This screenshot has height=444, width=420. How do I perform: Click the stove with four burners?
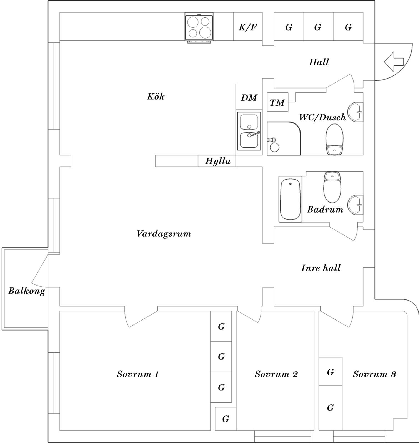tap(199, 27)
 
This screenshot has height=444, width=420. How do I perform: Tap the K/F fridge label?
tap(248, 27)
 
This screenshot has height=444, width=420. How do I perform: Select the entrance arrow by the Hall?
tap(394, 62)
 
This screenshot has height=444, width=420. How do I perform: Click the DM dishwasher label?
tap(249, 98)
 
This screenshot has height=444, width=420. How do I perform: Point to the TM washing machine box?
tap(277, 102)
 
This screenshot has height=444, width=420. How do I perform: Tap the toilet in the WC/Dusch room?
tap(334, 139)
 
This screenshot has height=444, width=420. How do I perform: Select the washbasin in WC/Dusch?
tap(356, 112)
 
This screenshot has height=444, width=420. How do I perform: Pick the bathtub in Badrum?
tap(290, 199)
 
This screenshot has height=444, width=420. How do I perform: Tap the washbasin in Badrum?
tap(356, 205)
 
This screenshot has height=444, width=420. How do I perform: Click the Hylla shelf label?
tap(218, 161)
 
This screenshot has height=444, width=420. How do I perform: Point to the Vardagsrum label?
tap(164, 234)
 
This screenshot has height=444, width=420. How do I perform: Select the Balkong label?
tap(27, 291)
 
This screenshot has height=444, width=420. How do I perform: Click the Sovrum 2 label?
tap(276, 374)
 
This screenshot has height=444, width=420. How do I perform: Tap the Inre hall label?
tap(321, 268)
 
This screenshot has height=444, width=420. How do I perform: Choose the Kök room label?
tap(156, 97)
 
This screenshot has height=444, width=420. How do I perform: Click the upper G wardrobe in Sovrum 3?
tap(330, 372)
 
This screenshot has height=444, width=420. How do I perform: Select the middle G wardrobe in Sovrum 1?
tap(221, 356)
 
